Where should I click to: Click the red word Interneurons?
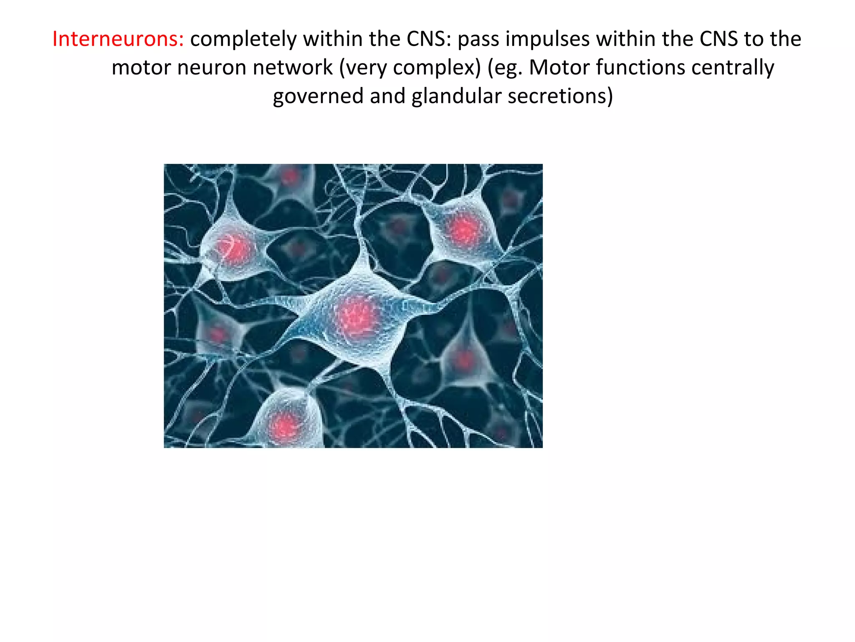(118, 39)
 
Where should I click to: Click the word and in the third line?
(387, 96)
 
